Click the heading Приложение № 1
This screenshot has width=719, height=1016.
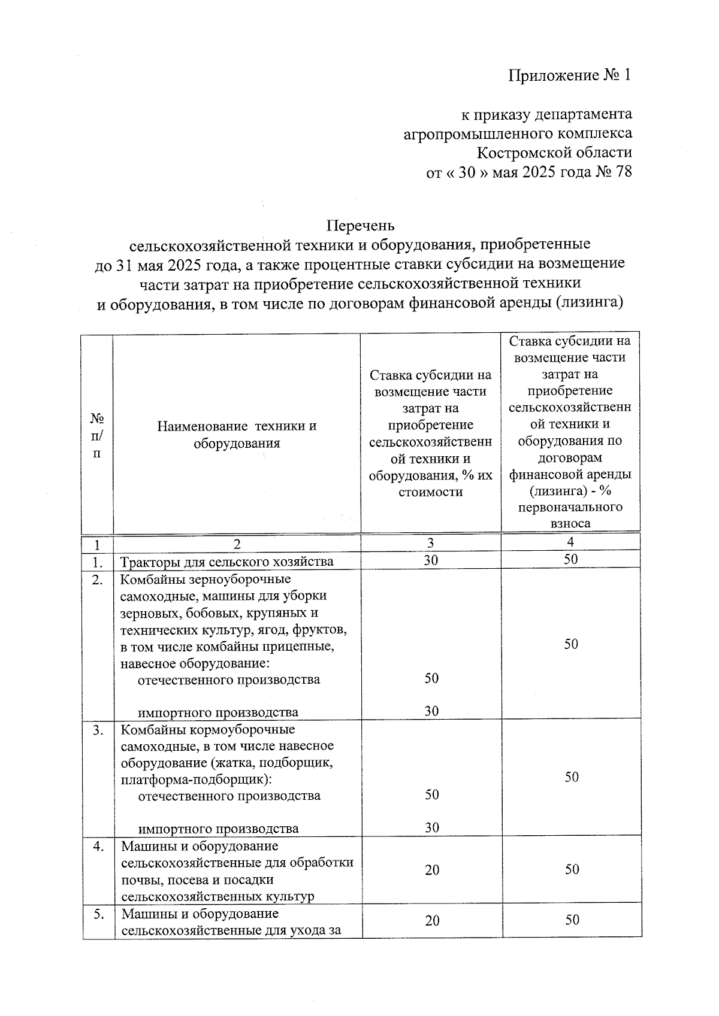pos(570,75)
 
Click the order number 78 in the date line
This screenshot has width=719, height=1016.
pos(623,172)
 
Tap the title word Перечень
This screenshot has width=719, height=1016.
pos(360,226)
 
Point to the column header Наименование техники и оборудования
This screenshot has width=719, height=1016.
pos(237,435)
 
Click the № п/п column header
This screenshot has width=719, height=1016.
pos(96,435)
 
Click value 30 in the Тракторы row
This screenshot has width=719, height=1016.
pos(431,560)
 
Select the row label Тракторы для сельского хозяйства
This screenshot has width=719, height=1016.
pos(227,562)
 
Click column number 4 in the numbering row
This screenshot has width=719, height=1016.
pos(570,542)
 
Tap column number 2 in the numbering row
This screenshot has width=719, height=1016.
pos(237,544)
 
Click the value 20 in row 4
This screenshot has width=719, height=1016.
pos(432,870)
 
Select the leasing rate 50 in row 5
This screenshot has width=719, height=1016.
pos(572,920)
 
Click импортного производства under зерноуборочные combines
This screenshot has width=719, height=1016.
pos(218,712)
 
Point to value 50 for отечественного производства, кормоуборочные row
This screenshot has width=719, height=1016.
pos(431,794)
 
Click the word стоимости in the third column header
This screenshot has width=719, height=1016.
pos(430,492)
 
